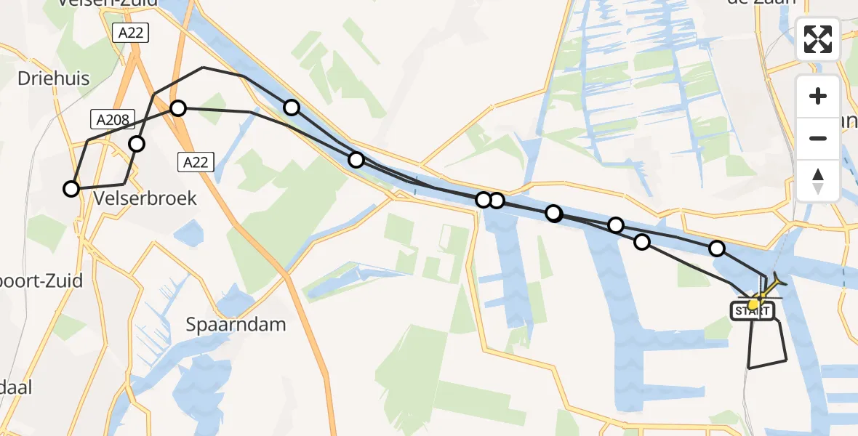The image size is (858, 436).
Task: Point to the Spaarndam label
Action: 236,324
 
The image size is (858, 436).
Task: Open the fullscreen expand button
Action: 818,39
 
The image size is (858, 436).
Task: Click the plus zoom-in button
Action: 818,96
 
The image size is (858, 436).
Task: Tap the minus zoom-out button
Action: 818,138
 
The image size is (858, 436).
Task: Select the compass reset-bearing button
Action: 818,180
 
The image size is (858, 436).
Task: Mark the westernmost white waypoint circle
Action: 71,189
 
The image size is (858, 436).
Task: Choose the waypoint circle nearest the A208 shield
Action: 137,144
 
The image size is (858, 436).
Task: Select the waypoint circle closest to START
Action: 717,249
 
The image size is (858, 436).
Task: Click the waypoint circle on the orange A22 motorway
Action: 178,108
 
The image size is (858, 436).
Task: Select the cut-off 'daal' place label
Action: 16,387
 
